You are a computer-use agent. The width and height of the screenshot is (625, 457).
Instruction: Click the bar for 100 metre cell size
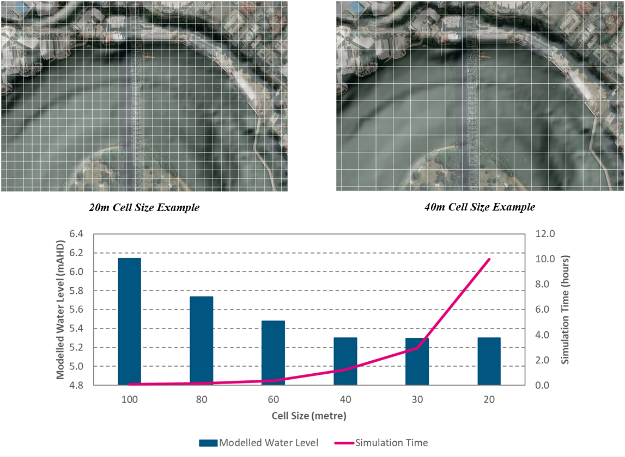(130, 321)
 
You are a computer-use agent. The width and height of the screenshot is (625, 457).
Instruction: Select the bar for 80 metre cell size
(201, 341)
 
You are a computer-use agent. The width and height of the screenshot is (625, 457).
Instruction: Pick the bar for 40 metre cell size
(345, 361)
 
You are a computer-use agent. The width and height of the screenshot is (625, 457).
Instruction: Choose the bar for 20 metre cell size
(489, 361)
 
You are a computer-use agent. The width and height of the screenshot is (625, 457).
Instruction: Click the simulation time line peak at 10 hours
(489, 260)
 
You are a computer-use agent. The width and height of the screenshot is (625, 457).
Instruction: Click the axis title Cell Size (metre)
(309, 416)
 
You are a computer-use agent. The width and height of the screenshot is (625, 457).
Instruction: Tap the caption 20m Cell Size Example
(144, 208)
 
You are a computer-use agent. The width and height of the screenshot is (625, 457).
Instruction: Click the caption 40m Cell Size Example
(480, 207)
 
